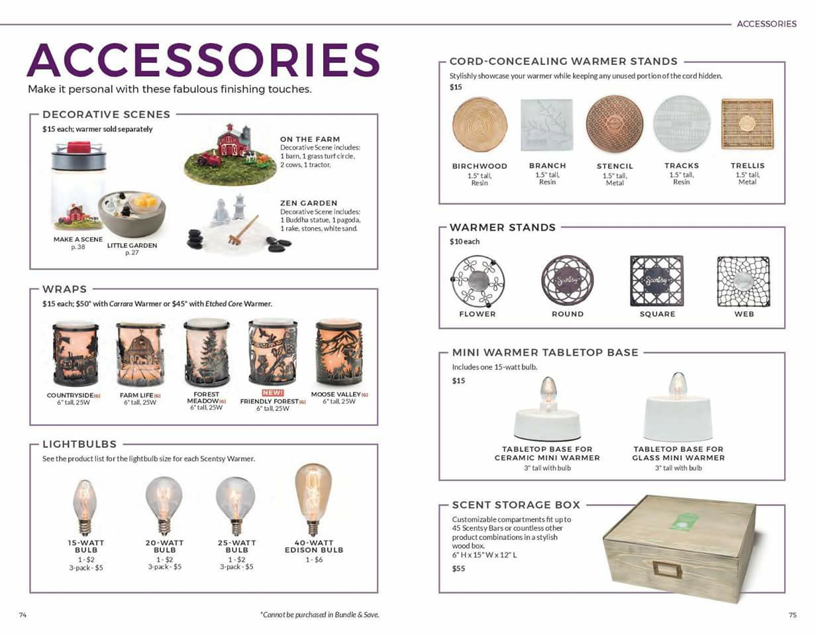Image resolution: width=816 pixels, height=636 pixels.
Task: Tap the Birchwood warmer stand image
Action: tap(480, 125)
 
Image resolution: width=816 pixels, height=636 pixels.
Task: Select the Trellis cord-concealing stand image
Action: tap(747, 124)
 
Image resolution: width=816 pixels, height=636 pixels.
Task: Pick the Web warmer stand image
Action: tap(744, 282)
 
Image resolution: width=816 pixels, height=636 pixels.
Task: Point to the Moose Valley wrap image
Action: tap(340, 353)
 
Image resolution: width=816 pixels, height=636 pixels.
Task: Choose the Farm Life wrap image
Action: tap(140, 354)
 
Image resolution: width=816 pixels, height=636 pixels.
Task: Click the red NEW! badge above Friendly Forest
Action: tap(273, 393)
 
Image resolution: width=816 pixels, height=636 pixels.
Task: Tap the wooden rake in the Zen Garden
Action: tap(243, 229)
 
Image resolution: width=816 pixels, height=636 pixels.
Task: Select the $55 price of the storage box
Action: tap(458, 568)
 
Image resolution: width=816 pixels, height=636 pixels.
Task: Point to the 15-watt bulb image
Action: tap(85, 507)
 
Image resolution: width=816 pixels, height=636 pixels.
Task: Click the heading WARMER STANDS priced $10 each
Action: tap(503, 227)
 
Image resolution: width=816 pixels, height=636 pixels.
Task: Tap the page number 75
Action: tap(792, 615)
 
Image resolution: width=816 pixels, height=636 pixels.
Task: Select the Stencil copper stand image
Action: tap(615, 124)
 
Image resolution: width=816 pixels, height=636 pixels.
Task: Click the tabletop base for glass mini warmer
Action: tap(678, 407)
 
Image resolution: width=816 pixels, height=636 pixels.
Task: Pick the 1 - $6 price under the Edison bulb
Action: tap(314, 560)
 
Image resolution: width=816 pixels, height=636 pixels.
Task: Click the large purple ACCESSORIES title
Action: tap(203, 60)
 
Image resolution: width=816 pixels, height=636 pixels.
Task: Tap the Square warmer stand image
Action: tap(657, 281)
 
